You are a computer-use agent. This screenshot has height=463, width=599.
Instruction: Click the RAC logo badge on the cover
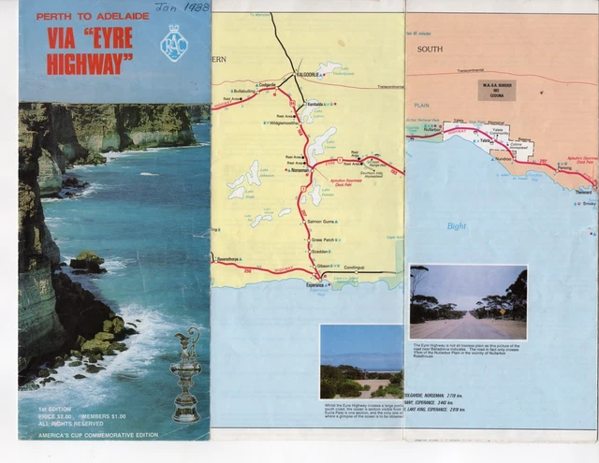[173, 42]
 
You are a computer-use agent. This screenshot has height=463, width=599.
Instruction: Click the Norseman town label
[299, 169]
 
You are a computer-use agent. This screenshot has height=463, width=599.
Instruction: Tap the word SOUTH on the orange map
[431, 49]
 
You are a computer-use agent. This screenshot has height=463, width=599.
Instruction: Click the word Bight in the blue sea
[457, 225]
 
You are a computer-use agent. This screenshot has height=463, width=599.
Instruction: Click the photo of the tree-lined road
[468, 301]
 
